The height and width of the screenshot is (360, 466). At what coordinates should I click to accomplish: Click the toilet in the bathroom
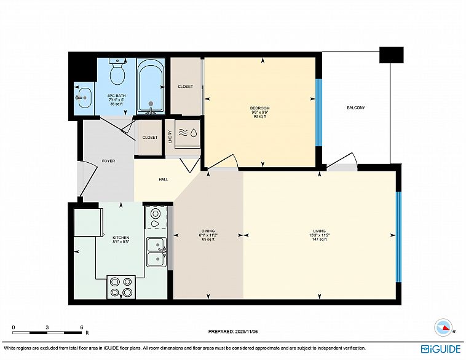click(117, 71)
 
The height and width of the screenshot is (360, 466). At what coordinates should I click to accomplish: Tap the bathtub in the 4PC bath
click(151, 88)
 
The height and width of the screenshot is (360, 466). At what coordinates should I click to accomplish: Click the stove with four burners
click(121, 287)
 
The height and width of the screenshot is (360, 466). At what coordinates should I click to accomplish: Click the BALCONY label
click(356, 108)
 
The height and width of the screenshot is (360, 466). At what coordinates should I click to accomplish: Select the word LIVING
click(320, 231)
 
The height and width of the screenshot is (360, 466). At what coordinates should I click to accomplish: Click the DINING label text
click(208, 231)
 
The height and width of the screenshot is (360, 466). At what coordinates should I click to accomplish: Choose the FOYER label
click(108, 161)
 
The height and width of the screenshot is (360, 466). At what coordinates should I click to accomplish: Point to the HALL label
click(164, 179)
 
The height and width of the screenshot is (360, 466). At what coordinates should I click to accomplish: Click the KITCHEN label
click(121, 238)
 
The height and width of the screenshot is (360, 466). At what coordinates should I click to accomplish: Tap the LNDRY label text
click(170, 137)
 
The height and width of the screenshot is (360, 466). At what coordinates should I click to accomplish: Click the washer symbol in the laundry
click(188, 133)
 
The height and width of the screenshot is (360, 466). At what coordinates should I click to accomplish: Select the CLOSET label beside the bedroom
click(186, 87)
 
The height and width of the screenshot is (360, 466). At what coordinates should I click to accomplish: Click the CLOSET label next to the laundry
click(150, 137)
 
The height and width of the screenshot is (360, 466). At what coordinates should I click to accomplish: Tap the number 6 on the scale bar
click(81, 327)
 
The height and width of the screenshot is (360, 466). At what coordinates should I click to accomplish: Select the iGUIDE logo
click(441, 349)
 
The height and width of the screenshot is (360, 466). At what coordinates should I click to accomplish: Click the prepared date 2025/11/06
click(247, 332)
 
